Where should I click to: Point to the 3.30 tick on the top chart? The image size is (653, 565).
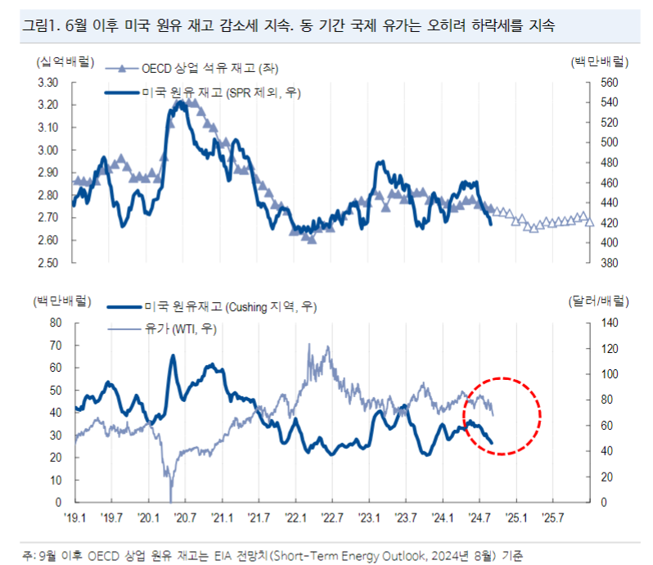click(x=47, y=83)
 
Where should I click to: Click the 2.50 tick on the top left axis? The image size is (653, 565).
click(x=47, y=263)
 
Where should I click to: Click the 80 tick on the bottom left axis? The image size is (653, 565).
click(x=56, y=323)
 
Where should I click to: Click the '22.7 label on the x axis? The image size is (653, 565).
click(x=332, y=518)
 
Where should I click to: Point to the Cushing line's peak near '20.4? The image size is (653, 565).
click(x=173, y=355)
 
